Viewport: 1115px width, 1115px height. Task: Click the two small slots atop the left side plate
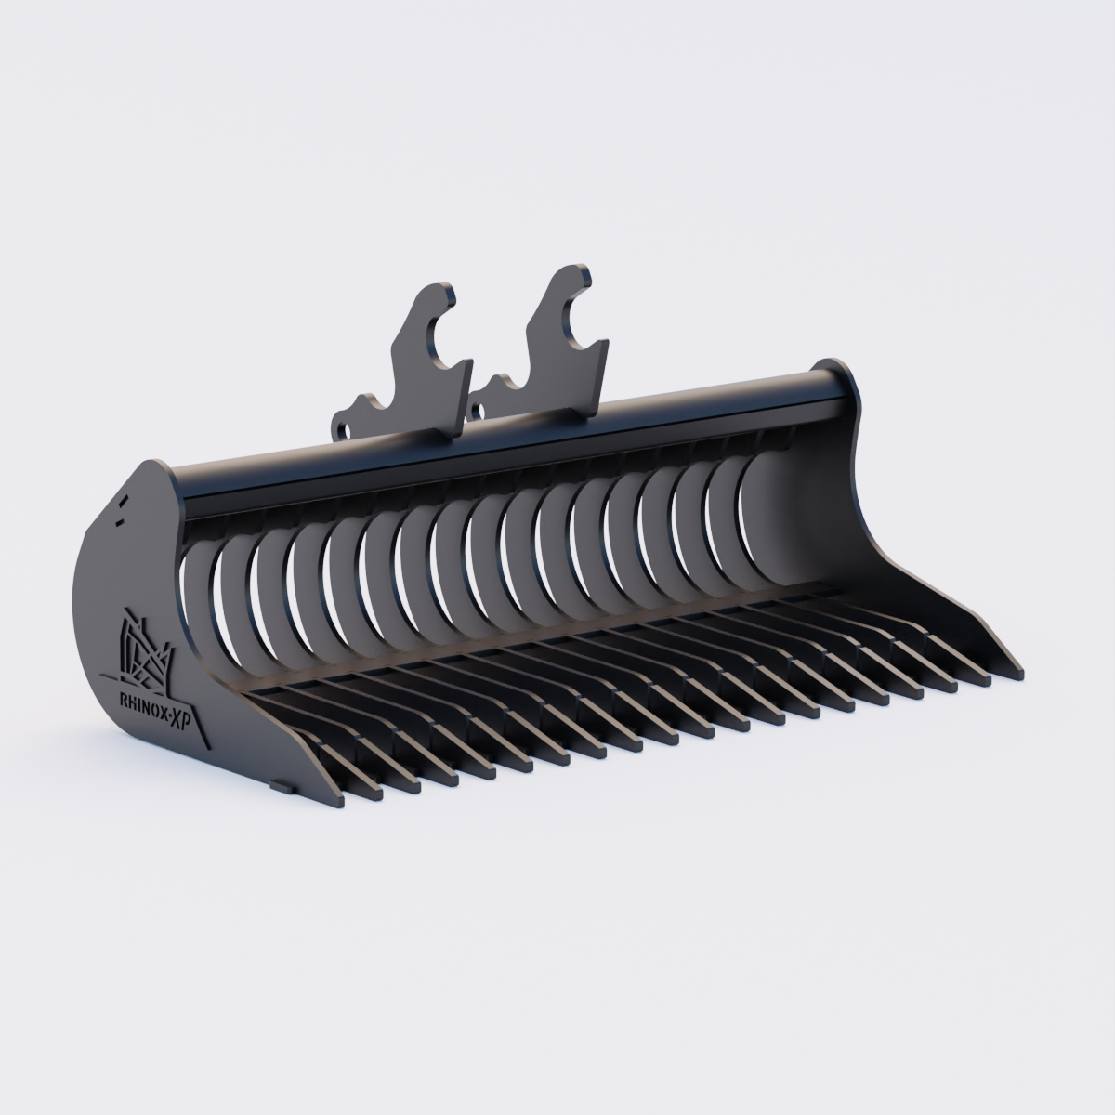(121, 510)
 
